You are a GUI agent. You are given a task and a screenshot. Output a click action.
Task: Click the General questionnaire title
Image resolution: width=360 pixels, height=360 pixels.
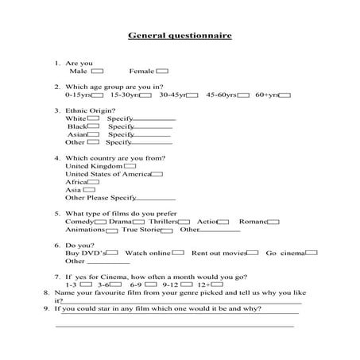click(x=180, y=35)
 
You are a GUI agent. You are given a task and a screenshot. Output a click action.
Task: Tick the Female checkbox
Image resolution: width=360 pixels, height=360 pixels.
click(x=164, y=71)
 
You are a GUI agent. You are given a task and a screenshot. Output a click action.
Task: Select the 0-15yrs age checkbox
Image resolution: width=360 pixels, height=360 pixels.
click(x=97, y=95)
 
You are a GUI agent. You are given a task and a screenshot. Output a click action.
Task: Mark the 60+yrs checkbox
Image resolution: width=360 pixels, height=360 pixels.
click(x=285, y=95)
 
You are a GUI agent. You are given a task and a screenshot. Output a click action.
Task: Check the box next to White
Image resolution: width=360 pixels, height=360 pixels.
click(x=94, y=118)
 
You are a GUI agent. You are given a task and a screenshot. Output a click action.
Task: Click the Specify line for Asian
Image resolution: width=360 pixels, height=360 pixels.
click(x=150, y=136)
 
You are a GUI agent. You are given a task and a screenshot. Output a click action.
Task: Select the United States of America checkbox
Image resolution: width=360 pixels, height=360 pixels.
click(x=157, y=174)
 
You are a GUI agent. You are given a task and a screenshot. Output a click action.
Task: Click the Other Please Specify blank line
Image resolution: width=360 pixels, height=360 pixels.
click(x=156, y=199)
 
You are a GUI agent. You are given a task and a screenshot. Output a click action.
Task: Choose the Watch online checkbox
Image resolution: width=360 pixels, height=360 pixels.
click(x=179, y=253)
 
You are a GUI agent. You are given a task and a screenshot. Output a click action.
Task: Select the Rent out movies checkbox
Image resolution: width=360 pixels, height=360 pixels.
click(x=253, y=253)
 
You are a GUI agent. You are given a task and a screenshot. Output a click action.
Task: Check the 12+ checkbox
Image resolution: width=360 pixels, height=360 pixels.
click(x=216, y=284)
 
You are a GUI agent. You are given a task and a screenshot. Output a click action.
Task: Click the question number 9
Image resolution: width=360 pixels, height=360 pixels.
click(x=46, y=308)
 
